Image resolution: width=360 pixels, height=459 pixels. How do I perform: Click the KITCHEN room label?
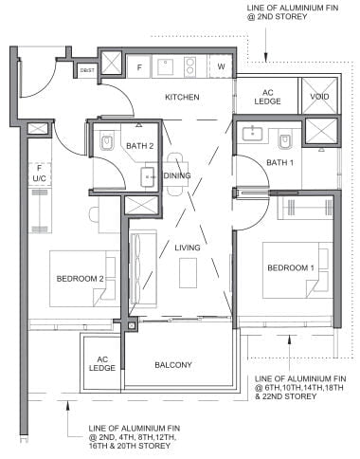[181, 98]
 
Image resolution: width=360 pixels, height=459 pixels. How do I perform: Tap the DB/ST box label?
[86, 69]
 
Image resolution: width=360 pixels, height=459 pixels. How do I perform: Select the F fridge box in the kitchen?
[139, 67]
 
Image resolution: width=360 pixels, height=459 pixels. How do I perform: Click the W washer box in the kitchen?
[222, 67]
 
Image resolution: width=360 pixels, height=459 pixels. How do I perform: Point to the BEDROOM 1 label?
[290, 268]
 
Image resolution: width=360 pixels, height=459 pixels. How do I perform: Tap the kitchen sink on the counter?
[167, 67]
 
